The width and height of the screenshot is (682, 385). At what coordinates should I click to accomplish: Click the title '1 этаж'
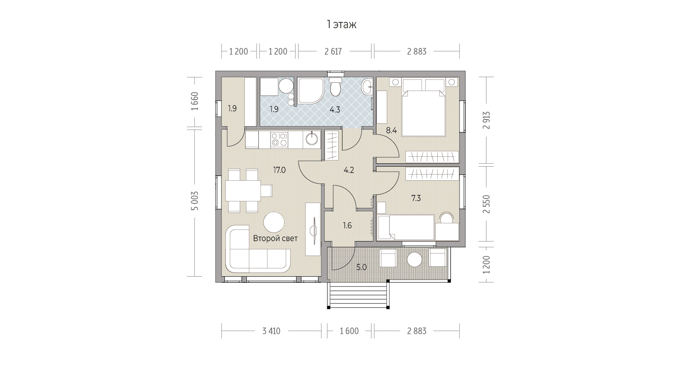point(341,25)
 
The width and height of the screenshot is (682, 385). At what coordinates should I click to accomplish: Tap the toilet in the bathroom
point(336,86)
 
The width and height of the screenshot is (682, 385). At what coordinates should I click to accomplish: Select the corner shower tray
point(311,91)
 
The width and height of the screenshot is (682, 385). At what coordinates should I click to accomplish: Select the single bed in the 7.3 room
point(405,227)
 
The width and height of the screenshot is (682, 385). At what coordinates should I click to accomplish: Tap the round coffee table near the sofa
point(274,222)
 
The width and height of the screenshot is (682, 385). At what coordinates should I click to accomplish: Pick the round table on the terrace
point(415,260)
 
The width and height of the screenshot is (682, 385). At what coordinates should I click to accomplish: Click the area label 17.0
point(279,170)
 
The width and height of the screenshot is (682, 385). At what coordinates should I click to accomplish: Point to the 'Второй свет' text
point(275,239)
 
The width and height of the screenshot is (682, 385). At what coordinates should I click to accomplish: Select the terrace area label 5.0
point(361,268)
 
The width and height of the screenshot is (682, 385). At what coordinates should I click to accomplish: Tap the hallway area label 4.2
point(349,170)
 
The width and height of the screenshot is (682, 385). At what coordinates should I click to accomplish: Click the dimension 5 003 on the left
point(195,201)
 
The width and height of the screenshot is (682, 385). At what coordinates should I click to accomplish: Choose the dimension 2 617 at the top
point(333,51)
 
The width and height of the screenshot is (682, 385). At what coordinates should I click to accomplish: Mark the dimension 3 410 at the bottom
point(271,331)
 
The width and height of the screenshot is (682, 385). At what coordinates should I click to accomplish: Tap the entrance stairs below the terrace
point(358,294)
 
